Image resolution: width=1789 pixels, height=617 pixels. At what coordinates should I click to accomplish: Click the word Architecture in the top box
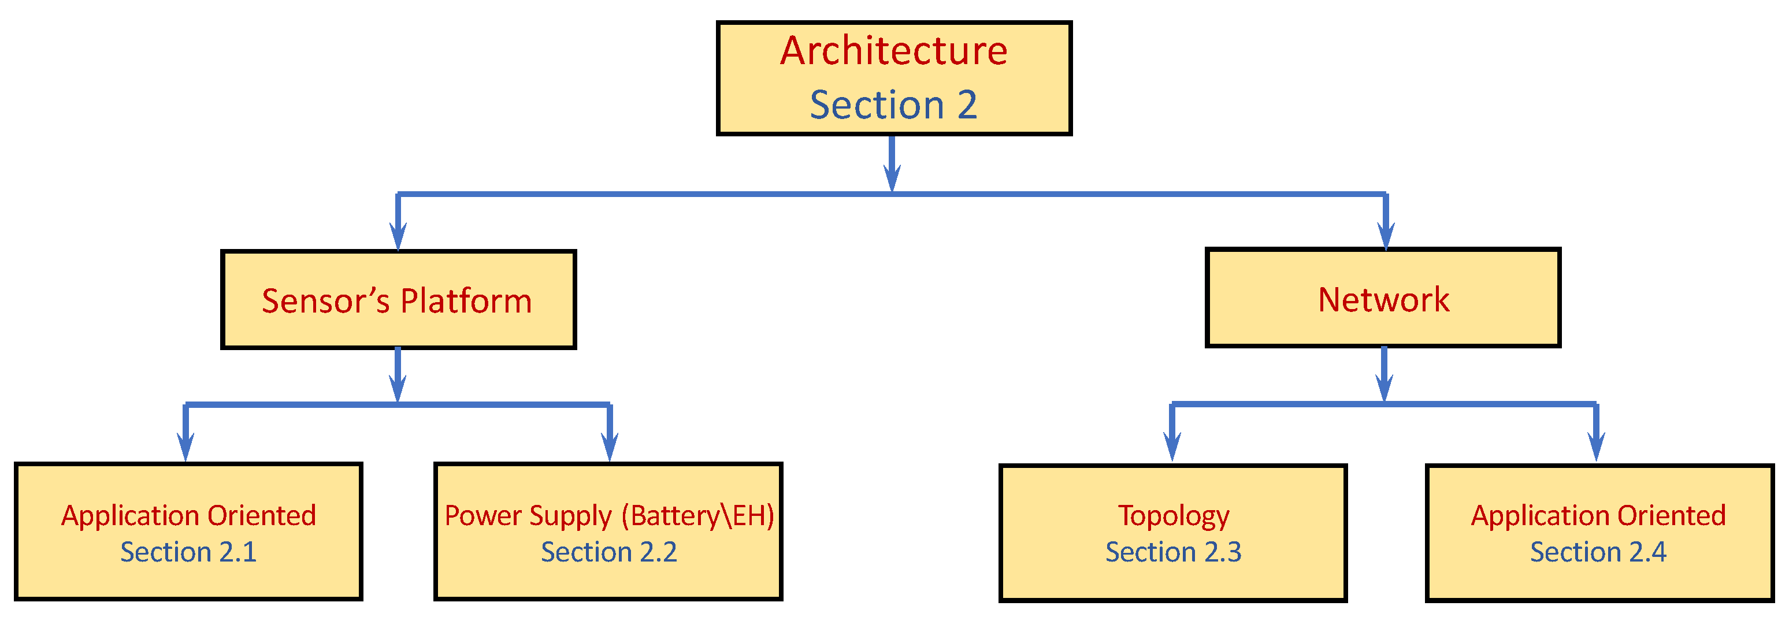click(893, 51)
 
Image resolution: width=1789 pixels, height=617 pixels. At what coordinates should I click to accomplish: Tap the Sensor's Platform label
click(396, 301)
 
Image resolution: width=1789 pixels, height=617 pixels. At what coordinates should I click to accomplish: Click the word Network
click(1383, 300)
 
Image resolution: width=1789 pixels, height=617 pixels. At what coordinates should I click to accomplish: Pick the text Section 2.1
click(188, 552)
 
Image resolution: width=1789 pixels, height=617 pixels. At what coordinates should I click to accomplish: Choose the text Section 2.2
click(608, 552)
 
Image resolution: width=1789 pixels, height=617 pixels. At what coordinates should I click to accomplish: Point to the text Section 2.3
click(1173, 552)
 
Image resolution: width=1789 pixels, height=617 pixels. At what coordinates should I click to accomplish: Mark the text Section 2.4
click(1598, 552)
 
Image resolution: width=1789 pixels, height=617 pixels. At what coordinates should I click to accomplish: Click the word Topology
click(1173, 516)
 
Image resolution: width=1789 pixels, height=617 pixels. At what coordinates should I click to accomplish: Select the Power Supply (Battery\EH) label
click(609, 516)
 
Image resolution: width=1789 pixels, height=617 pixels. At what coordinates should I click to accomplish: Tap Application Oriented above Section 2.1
click(188, 516)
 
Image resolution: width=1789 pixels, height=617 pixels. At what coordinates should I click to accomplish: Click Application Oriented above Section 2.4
click(1598, 516)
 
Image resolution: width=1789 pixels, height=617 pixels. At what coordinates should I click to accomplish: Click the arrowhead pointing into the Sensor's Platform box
click(398, 236)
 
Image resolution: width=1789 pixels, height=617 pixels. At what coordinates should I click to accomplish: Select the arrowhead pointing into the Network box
click(1386, 236)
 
